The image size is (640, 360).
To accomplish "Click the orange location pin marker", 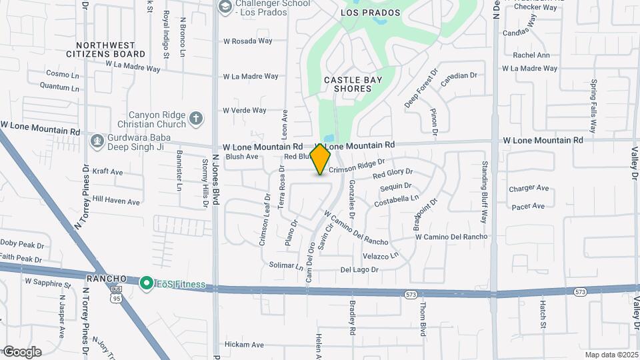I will pyautogui.click(x=321, y=159).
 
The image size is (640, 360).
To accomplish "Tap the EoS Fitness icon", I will pyautogui.click(x=146, y=283).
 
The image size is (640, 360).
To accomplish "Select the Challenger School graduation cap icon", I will pyautogui.click(x=225, y=7).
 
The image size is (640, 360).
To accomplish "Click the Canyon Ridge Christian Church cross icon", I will pyautogui.click(x=195, y=119).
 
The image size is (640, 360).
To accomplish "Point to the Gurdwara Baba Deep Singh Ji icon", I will pyautogui.click(x=97, y=141).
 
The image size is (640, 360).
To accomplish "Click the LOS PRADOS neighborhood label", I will pyautogui.click(x=370, y=13).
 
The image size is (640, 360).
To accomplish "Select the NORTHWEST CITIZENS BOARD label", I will pyautogui.click(x=115, y=49).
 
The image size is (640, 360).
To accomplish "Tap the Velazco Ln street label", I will pyautogui.click(x=381, y=255).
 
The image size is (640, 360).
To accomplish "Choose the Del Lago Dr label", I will pyautogui.click(x=359, y=270).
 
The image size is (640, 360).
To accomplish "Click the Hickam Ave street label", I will pyautogui.click(x=245, y=345).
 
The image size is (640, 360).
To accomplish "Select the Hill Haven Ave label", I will pyautogui.click(x=116, y=201).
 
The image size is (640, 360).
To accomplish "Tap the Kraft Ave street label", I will pyautogui.click(x=108, y=172).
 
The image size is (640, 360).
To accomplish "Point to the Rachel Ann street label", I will pyautogui.click(x=531, y=55).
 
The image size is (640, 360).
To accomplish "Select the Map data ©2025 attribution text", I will pyautogui.click(x=611, y=355).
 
